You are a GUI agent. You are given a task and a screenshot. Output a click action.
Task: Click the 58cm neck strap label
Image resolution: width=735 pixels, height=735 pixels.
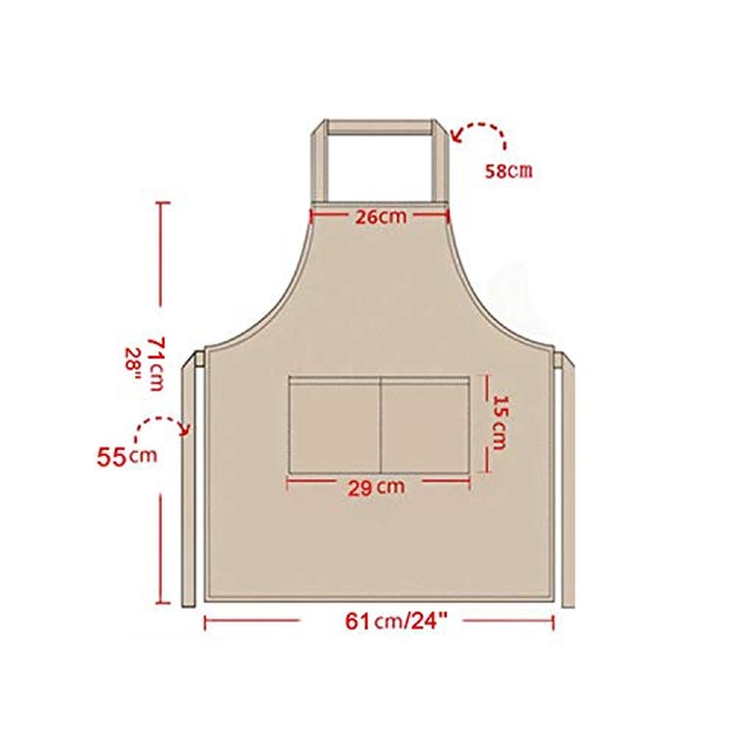(x=508, y=171)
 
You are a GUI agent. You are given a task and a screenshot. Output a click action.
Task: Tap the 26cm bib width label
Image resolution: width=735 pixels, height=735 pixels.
(x=381, y=217)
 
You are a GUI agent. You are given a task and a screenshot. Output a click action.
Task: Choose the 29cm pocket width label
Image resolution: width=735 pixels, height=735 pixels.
(x=376, y=488)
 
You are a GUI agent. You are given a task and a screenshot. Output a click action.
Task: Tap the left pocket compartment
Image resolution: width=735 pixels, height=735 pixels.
(x=335, y=424)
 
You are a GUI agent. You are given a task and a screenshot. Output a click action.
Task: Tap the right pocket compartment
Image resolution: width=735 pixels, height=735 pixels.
(x=425, y=424)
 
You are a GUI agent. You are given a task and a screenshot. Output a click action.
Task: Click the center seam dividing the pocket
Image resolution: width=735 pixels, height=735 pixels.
(x=380, y=424)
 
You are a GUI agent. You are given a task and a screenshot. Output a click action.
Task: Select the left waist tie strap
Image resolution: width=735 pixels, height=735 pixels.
(x=190, y=480)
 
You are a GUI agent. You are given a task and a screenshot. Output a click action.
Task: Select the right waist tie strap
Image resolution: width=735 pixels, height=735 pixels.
(x=568, y=480)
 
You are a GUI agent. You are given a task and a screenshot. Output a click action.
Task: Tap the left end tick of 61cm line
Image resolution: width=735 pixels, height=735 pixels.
(x=205, y=623)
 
